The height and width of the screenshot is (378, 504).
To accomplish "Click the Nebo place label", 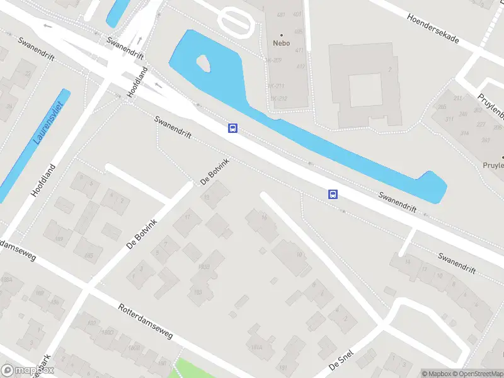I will [281, 43].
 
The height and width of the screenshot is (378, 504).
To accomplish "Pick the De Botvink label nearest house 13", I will [214, 173].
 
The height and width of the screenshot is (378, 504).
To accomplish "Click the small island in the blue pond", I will [203, 62].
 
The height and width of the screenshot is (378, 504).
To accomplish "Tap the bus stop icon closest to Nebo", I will [232, 129].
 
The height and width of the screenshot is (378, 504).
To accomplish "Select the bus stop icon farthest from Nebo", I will [333, 194].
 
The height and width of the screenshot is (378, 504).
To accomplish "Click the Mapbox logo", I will [27, 371].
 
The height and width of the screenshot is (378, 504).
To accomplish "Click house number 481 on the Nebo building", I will [281, 14].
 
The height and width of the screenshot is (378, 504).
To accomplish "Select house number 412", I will [301, 66].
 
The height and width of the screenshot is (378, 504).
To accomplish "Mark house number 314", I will [466, 133].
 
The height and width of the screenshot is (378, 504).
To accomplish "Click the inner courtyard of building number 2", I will [365, 90].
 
